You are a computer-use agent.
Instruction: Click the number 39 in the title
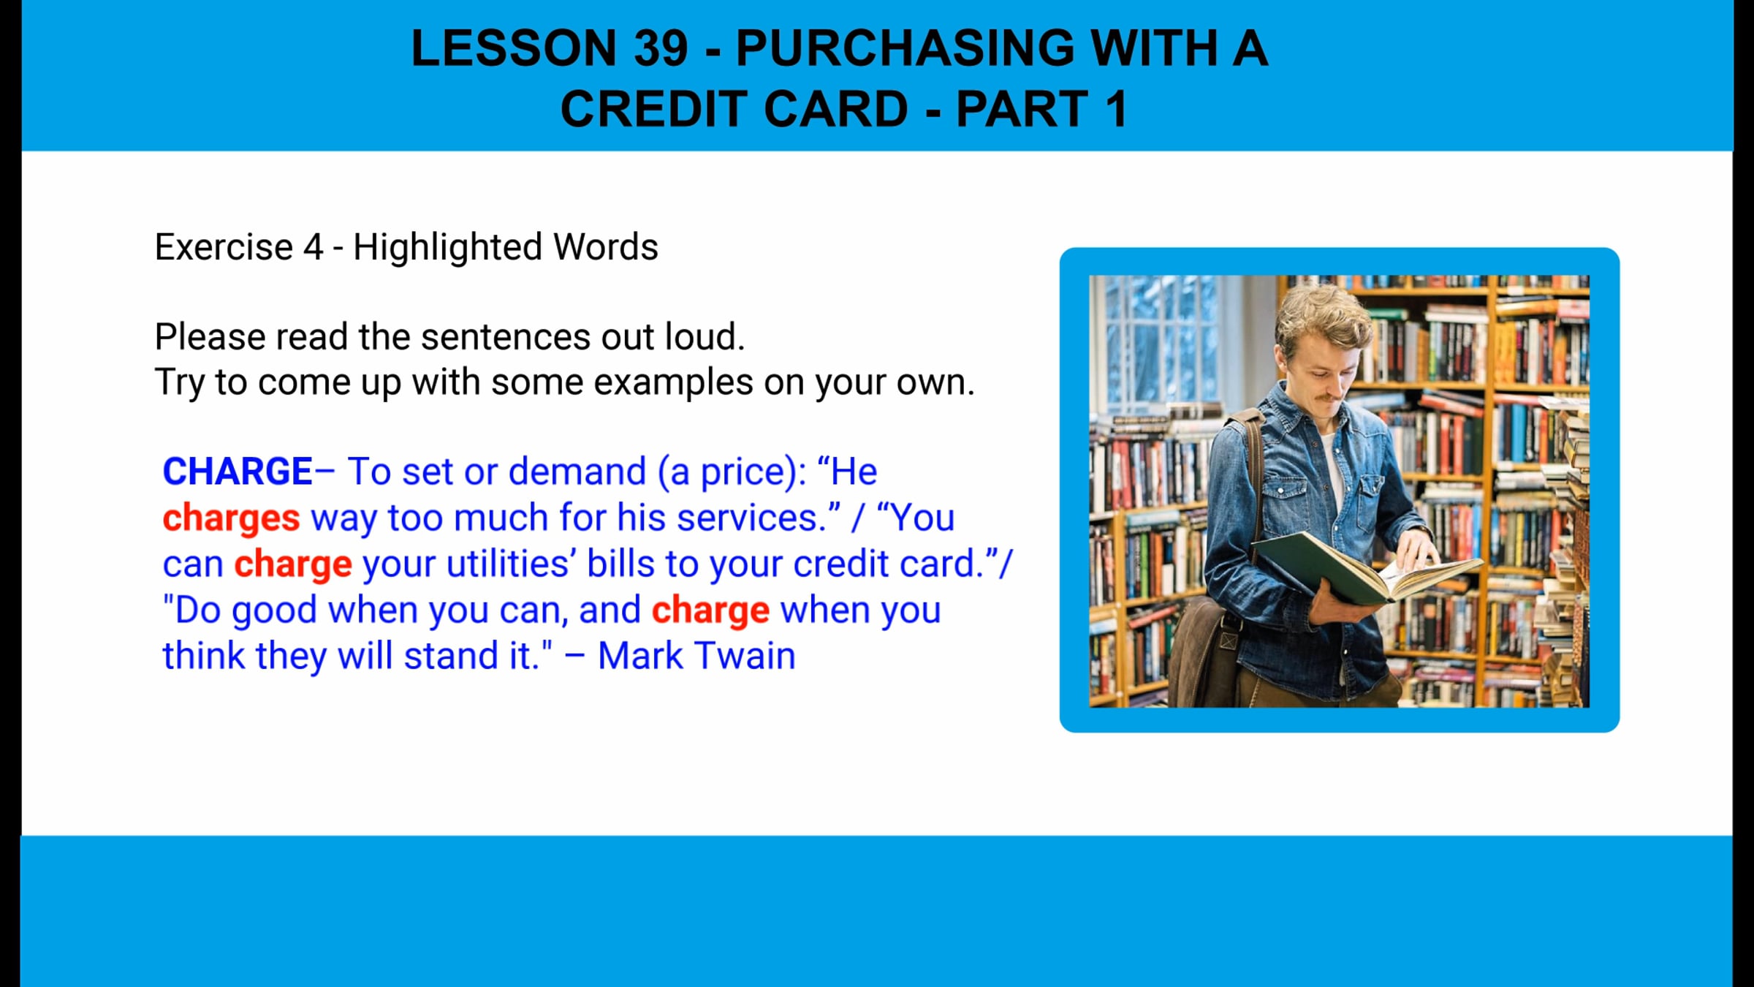(661, 48)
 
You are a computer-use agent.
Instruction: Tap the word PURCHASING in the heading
(905, 48)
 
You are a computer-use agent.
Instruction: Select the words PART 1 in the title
(1041, 110)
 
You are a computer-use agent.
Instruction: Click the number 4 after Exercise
(313, 247)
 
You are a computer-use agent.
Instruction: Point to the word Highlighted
(447, 247)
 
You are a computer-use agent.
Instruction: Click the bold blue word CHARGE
(238, 472)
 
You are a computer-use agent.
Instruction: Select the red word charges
(231, 518)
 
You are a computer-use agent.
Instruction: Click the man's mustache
(1332, 397)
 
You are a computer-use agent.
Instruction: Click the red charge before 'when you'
(710, 610)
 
